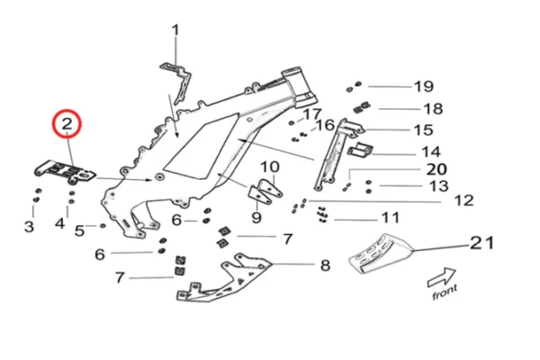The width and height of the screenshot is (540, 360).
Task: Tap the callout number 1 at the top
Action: tap(175, 30)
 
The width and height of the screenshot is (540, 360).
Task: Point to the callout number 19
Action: tap(423, 86)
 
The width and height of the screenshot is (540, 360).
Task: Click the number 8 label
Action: tap(325, 265)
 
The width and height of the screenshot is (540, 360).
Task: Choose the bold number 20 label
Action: tap(436, 169)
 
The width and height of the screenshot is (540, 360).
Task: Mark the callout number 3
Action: tap(29, 227)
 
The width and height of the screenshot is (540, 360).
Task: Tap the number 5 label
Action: tap(79, 231)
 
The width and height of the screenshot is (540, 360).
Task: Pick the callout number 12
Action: tap(463, 200)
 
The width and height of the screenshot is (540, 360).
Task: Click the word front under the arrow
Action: tap(444, 290)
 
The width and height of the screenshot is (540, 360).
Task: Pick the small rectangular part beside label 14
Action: tap(362, 149)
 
